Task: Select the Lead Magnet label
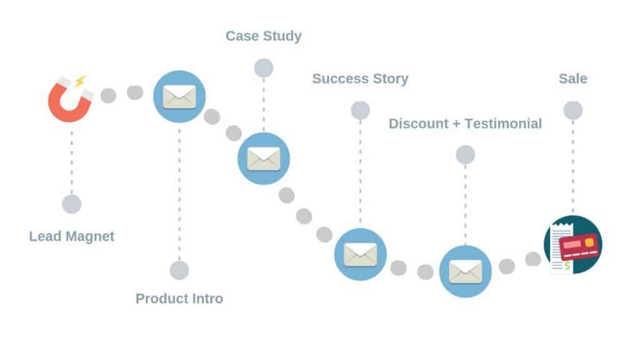[72, 237]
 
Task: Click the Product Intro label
[179, 299]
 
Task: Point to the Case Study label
[264, 36]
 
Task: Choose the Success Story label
[360, 79]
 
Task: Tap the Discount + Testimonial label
[465, 124]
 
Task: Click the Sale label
[572, 79]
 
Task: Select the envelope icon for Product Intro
[179, 97]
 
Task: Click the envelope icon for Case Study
[264, 158]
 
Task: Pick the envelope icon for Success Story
[360, 254]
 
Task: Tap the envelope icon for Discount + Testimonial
[465, 271]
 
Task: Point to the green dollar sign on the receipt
[567, 266]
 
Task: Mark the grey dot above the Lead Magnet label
[72, 204]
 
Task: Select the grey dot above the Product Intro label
[179, 270]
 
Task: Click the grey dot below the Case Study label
[264, 67]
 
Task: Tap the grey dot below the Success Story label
[360, 111]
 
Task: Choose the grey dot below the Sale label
[572, 111]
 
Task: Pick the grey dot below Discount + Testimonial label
[465, 154]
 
